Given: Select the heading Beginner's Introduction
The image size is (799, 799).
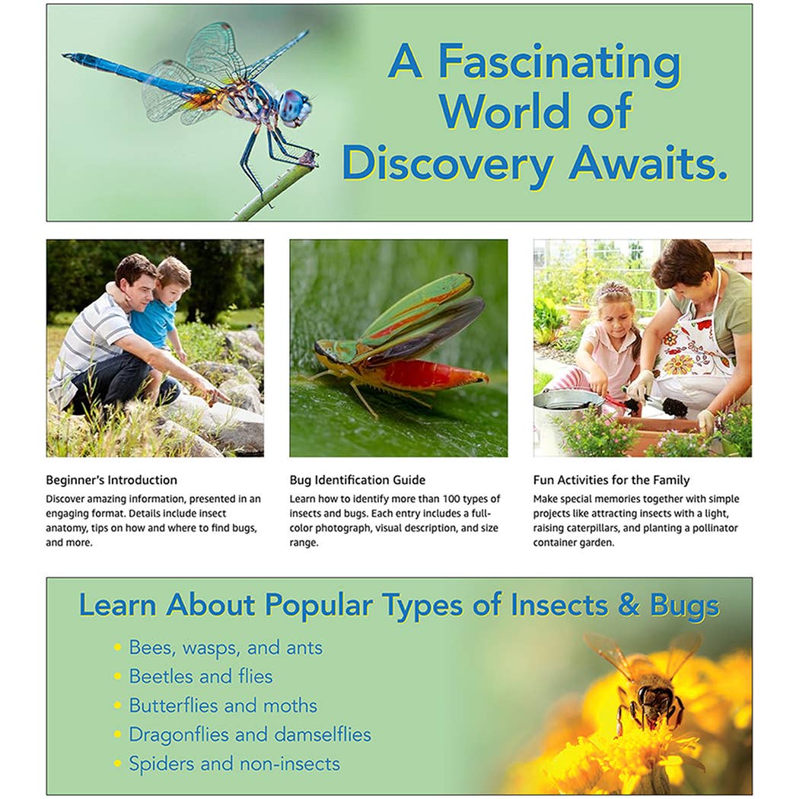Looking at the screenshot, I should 111,480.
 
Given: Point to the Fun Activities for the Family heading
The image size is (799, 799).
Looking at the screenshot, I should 611,480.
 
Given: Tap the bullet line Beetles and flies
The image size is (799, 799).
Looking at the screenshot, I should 200,676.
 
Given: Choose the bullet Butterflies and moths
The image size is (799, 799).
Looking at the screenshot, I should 223,705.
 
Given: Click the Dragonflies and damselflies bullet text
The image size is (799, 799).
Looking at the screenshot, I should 250,734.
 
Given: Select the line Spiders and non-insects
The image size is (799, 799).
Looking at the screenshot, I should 234,763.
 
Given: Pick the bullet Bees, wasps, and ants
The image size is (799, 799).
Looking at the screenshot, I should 225,648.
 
